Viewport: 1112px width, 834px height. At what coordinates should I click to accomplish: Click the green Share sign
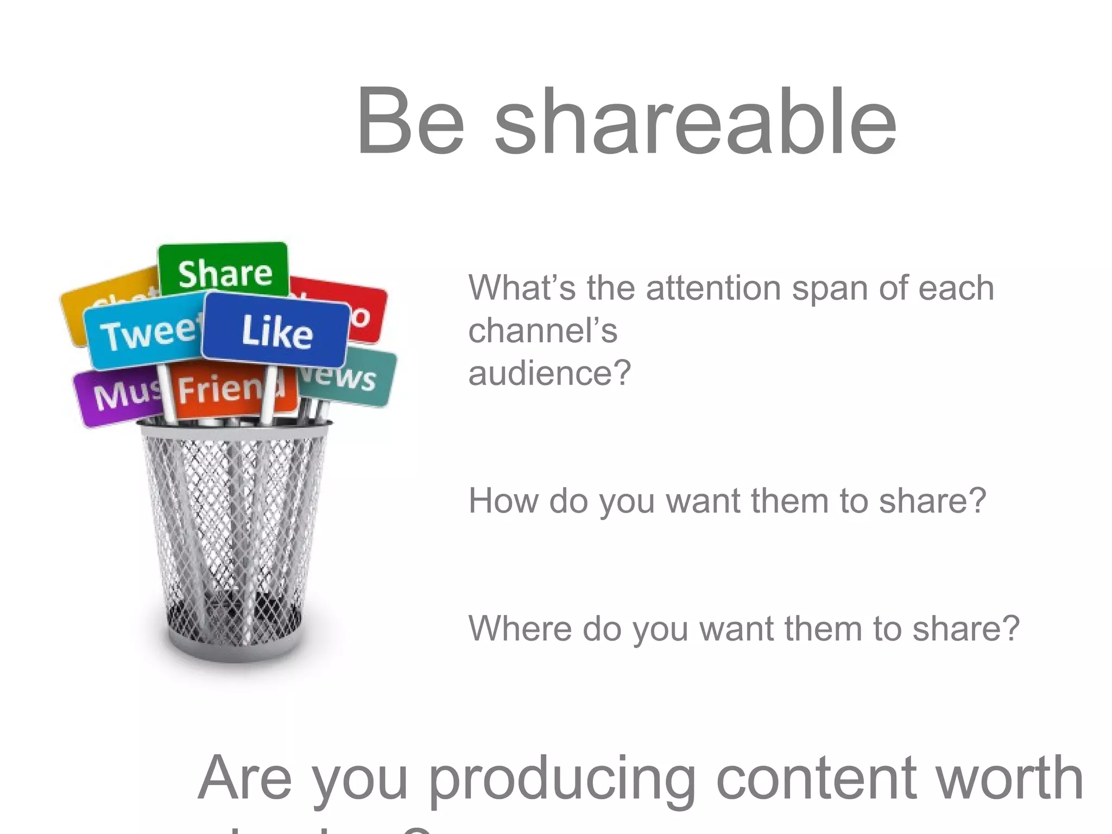pyautogui.click(x=224, y=271)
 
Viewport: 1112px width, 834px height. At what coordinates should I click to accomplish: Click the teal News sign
pyautogui.click(x=347, y=377)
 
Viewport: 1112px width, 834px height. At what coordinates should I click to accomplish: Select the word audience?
pyautogui.click(x=549, y=374)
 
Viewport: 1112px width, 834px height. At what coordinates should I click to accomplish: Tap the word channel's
pyautogui.click(x=542, y=331)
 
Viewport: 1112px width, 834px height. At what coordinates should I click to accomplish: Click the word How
pyautogui.click(x=502, y=501)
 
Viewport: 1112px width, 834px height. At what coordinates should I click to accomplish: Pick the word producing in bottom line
pyautogui.click(x=562, y=779)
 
